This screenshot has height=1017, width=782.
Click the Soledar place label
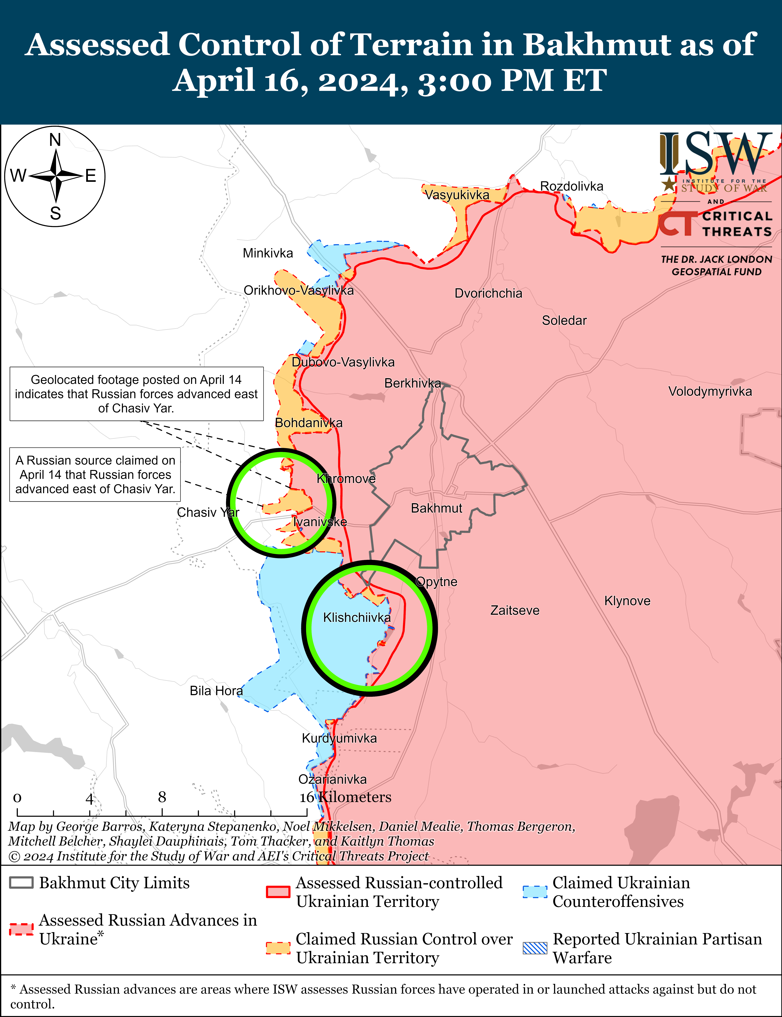[564, 320]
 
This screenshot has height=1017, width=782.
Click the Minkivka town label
[268, 253]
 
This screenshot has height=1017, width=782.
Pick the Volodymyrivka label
[710, 391]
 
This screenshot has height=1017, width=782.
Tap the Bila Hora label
[216, 691]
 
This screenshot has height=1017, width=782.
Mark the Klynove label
[627, 601]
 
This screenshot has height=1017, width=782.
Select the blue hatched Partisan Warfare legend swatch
[535, 948]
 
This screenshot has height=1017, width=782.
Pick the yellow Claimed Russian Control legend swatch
[278, 948]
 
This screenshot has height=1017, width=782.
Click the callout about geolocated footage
[136, 394]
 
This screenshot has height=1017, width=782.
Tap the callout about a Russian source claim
[95, 475]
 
